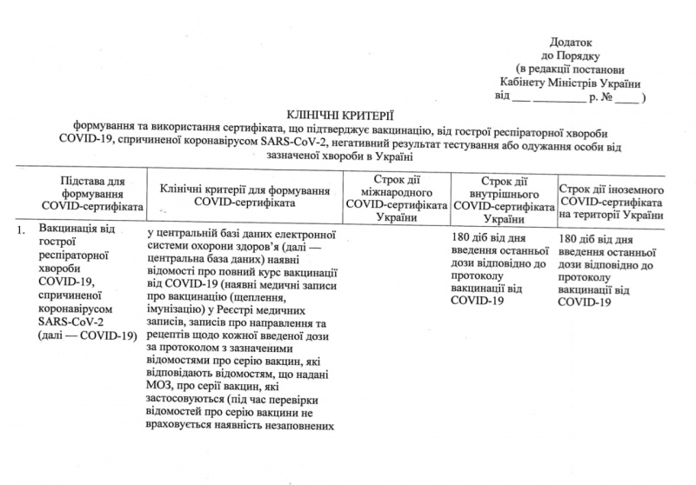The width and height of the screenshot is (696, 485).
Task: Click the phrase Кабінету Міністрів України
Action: pyautogui.click(x=570, y=83)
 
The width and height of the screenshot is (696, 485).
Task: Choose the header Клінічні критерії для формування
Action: pyautogui.click(x=244, y=189)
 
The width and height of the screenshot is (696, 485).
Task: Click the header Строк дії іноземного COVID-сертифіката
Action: pyautogui.click(x=612, y=201)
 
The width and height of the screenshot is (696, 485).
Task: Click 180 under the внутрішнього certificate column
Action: pyautogui.click(x=463, y=236)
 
